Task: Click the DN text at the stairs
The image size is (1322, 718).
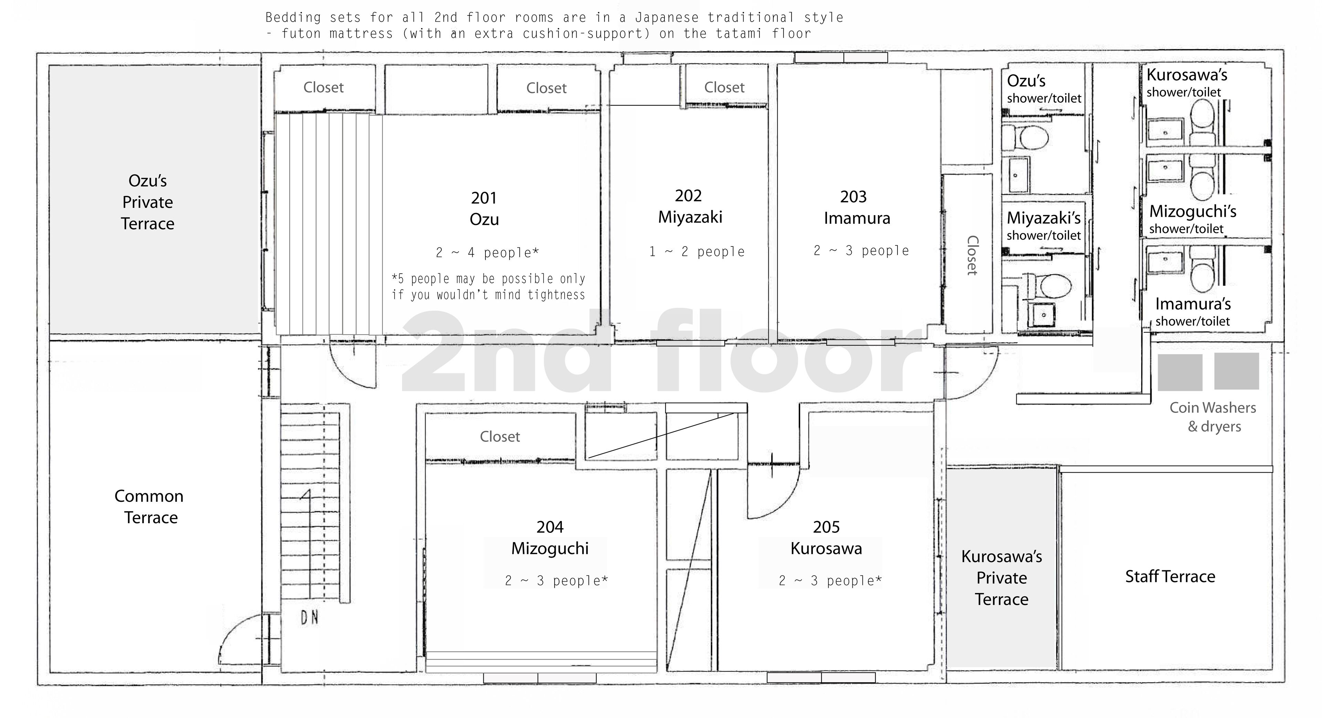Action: pos(309,618)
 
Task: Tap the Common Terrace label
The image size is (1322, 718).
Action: pos(149,507)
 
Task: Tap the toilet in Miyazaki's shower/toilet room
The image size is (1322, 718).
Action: pos(1049,286)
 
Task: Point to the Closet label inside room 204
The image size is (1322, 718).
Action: pos(500,437)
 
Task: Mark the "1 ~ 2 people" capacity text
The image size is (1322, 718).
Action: pos(696,252)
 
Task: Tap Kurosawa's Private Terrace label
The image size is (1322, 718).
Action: pos(1001,578)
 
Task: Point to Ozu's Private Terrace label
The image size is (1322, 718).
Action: pos(148,202)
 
